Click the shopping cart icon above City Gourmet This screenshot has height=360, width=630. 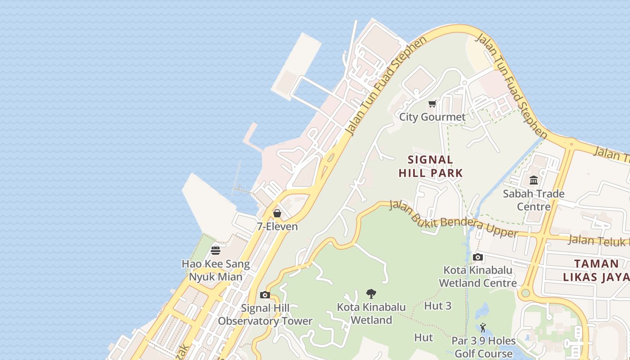pyautogui.click(x=432, y=104)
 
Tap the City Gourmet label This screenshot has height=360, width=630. pyautogui.click(x=432, y=117)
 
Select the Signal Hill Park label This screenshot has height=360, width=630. pyautogui.click(x=431, y=166)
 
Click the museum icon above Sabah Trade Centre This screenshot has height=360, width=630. pyautogui.click(x=534, y=180)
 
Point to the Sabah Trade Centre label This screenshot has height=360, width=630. pyautogui.click(x=534, y=200)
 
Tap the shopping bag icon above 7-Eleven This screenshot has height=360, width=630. pyautogui.click(x=277, y=213)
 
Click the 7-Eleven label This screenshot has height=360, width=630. pyautogui.click(x=277, y=226)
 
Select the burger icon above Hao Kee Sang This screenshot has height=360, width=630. pyautogui.click(x=216, y=251)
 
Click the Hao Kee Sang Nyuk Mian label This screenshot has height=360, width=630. pyautogui.click(x=216, y=270)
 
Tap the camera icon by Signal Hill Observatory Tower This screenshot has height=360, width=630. pyautogui.click(x=265, y=295)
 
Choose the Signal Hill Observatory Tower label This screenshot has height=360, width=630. pyautogui.click(x=265, y=315)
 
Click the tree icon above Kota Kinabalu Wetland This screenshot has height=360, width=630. pyautogui.click(x=371, y=294)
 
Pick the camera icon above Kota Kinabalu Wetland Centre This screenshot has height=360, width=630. pyautogui.click(x=478, y=257)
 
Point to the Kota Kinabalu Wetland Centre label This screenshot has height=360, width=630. pyautogui.click(x=478, y=277)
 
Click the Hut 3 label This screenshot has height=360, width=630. pyautogui.click(x=437, y=306)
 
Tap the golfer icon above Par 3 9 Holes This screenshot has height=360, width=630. pyautogui.click(x=483, y=328)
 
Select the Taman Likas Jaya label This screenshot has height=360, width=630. pyautogui.click(x=597, y=270)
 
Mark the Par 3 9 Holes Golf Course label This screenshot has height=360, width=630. pyautogui.click(x=483, y=347)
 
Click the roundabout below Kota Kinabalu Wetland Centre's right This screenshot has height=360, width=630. pyautogui.click(x=524, y=294)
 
